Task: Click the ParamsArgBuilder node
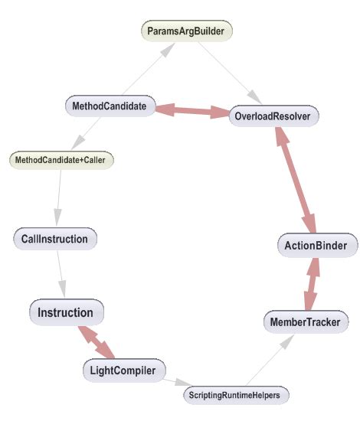187,31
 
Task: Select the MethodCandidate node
110,104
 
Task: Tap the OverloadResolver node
273,116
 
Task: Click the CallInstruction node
55,239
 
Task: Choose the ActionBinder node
316,246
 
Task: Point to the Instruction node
66,312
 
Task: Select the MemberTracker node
305,321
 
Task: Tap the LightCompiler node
123,371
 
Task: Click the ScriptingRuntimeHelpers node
236,395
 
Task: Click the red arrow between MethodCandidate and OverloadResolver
192,110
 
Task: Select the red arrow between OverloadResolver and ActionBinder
295,181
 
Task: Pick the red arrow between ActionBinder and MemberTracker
311,283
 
